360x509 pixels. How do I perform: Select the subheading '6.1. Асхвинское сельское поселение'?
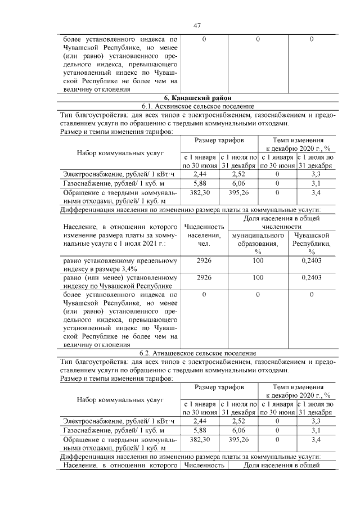[x=197, y=106]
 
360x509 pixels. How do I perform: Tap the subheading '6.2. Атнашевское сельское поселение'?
[x=197, y=353]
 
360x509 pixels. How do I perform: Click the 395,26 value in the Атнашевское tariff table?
[x=238, y=439]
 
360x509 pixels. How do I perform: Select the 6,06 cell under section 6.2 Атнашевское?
[x=238, y=430]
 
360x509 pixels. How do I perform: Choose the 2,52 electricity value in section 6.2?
[x=238, y=421]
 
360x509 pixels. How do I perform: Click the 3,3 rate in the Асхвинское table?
[x=316, y=175]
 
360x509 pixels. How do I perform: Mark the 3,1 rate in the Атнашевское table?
[x=316, y=430]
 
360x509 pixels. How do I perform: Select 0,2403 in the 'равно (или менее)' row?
[x=311, y=277]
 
